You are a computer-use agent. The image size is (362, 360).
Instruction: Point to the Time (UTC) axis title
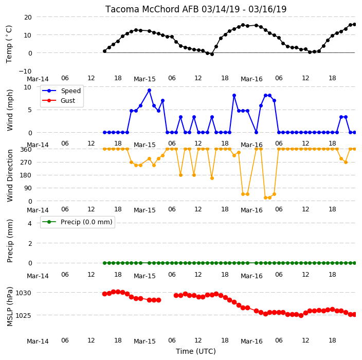click(196, 351)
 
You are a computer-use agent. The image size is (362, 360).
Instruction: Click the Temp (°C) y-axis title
click(9, 44)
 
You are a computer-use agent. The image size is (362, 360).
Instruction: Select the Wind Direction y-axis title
click(10, 176)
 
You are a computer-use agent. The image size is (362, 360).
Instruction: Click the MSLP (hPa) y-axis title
click(10, 307)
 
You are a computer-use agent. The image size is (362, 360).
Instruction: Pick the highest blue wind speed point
click(149, 91)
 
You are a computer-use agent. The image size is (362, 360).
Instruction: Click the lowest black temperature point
click(212, 55)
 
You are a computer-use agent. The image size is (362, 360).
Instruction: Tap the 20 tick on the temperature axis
click(28, 17)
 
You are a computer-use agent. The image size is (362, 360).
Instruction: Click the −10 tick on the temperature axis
click(25, 71)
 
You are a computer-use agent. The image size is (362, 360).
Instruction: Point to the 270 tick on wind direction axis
click(26, 163)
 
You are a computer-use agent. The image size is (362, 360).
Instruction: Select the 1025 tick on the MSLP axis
click(23, 315)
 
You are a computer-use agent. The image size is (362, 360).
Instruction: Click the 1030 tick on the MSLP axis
click(23, 293)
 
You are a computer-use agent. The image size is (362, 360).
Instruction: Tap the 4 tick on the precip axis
click(30, 223)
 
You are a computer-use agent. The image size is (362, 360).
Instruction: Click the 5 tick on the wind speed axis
click(30, 110)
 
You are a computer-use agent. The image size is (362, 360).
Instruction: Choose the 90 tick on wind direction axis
click(28, 188)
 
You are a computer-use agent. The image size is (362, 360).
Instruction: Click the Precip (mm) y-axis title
click(10, 241)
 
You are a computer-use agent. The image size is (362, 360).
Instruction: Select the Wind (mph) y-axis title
click(10, 110)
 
